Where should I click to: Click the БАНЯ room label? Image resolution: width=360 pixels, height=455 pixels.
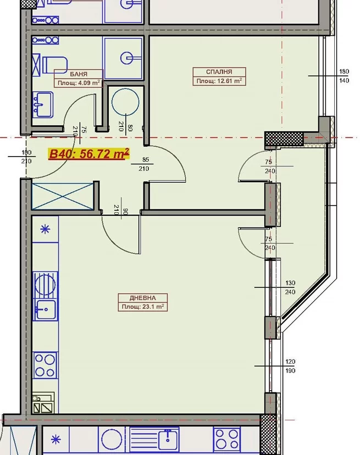click(79, 74)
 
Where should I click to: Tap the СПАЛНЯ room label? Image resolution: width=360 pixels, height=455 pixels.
click(219, 71)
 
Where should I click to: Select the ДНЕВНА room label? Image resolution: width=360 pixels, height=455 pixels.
click(142, 298)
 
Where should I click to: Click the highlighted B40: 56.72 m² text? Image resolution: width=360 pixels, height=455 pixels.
click(89, 153)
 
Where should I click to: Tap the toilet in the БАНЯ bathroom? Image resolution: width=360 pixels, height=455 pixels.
click(54, 65)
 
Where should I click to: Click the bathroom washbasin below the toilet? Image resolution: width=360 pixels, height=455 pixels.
click(43, 104)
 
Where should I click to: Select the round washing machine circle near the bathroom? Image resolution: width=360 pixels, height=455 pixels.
click(125, 102)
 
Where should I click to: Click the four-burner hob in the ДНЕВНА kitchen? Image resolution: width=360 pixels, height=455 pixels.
click(45, 365)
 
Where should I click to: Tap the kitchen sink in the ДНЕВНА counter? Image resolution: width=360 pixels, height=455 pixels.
click(45, 310)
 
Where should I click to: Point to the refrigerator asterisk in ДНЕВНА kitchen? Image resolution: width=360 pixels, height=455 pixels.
click(45, 229)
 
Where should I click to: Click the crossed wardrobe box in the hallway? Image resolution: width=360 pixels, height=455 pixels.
click(63, 196)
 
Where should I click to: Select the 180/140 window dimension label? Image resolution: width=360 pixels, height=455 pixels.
click(344, 76)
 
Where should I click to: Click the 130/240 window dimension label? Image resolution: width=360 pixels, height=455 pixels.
click(290, 287)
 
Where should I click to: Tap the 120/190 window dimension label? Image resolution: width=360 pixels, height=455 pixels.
click(290, 366)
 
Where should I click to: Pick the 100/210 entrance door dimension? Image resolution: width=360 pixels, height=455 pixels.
click(26, 157)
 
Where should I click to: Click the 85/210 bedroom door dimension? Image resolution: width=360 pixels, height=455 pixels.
click(145, 164)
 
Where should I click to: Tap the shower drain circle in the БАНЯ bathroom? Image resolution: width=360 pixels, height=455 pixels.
click(126, 58)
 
